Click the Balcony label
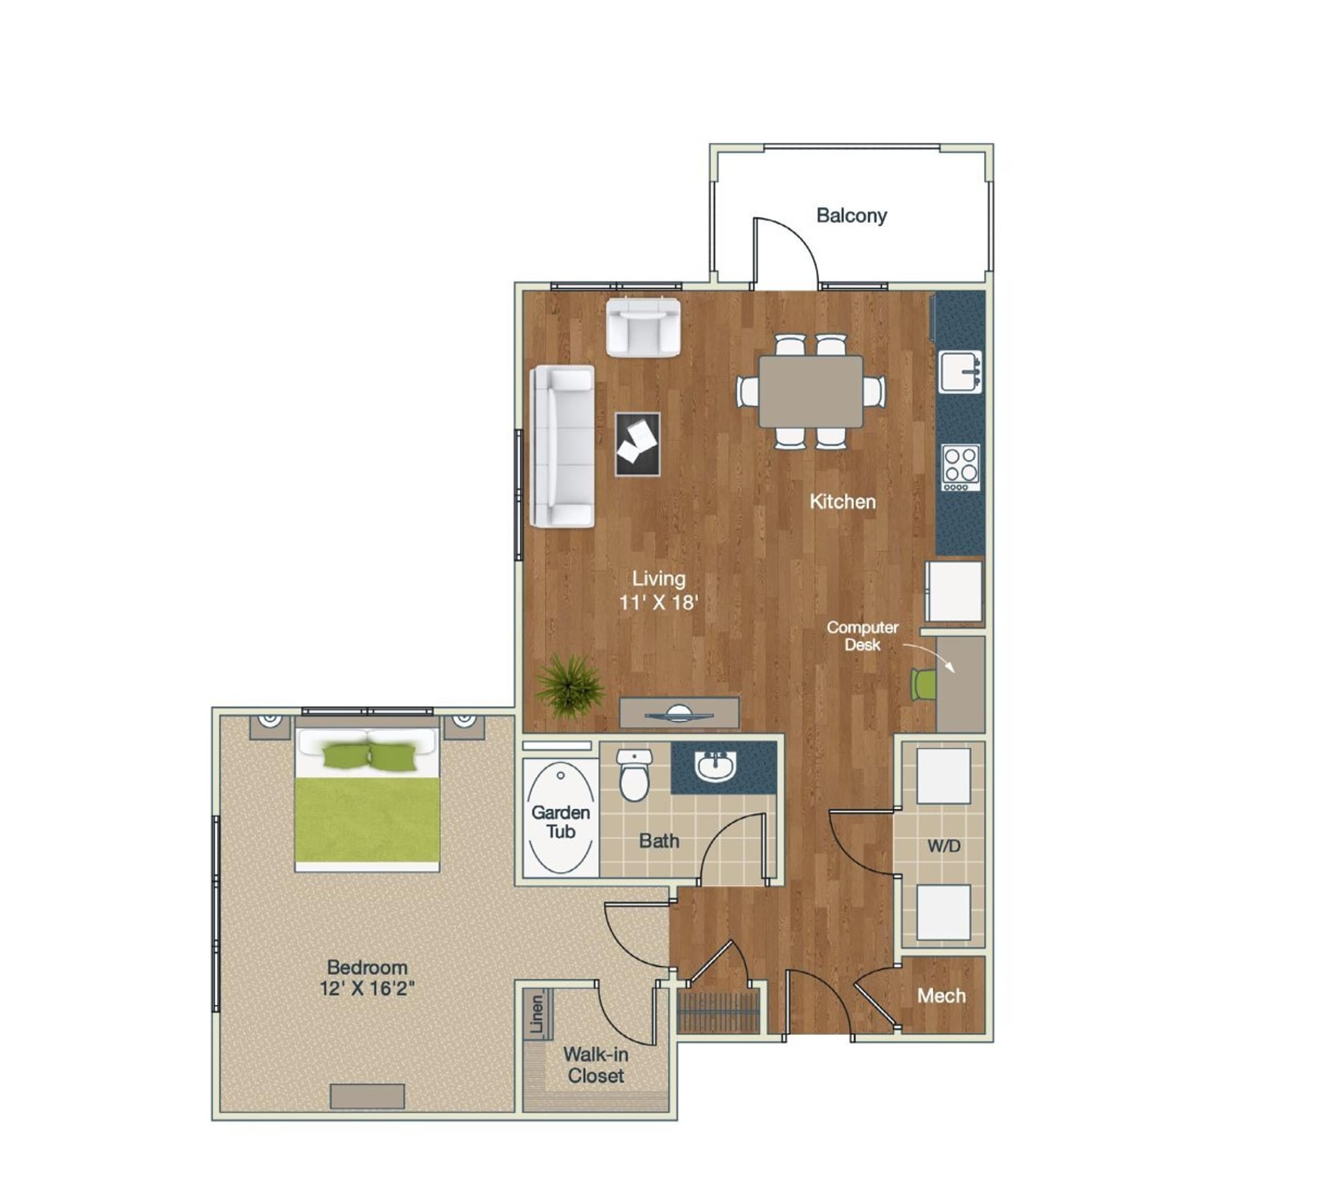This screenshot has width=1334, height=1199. click(x=851, y=216)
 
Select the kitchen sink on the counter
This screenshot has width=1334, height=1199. click(x=959, y=370)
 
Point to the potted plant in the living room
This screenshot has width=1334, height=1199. click(x=569, y=686)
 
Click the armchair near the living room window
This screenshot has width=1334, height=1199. click(x=643, y=327)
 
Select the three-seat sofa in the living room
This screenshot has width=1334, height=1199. click(x=563, y=447)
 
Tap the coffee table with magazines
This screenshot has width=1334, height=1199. click(x=637, y=444)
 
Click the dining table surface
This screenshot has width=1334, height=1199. click(x=810, y=391)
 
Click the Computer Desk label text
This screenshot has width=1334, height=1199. click(x=862, y=636)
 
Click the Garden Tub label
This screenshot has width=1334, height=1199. click(x=561, y=822)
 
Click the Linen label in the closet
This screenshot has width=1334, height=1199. click(x=537, y=1014)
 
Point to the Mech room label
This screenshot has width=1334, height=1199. click(x=942, y=996)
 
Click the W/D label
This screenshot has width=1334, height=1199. click(x=943, y=846)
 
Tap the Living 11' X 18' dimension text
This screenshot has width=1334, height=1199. click(x=658, y=590)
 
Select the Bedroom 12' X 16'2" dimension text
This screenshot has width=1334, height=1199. click(x=367, y=978)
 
